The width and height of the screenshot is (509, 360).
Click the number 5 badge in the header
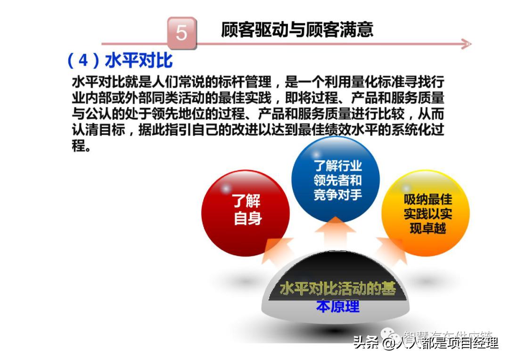(x=181, y=33)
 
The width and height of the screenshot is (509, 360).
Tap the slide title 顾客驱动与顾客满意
(x=297, y=29)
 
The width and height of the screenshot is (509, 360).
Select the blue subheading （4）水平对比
(x=120, y=61)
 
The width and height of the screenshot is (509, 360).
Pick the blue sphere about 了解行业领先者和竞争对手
(x=336, y=181)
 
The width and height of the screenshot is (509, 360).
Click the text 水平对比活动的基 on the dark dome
(x=337, y=288)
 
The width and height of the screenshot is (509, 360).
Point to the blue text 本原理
(x=337, y=307)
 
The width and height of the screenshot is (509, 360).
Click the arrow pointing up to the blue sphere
(x=335, y=231)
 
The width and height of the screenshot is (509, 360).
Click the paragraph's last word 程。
(x=81, y=146)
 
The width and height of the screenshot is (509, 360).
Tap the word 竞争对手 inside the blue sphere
(x=337, y=194)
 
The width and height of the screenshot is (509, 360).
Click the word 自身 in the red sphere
(x=248, y=219)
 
